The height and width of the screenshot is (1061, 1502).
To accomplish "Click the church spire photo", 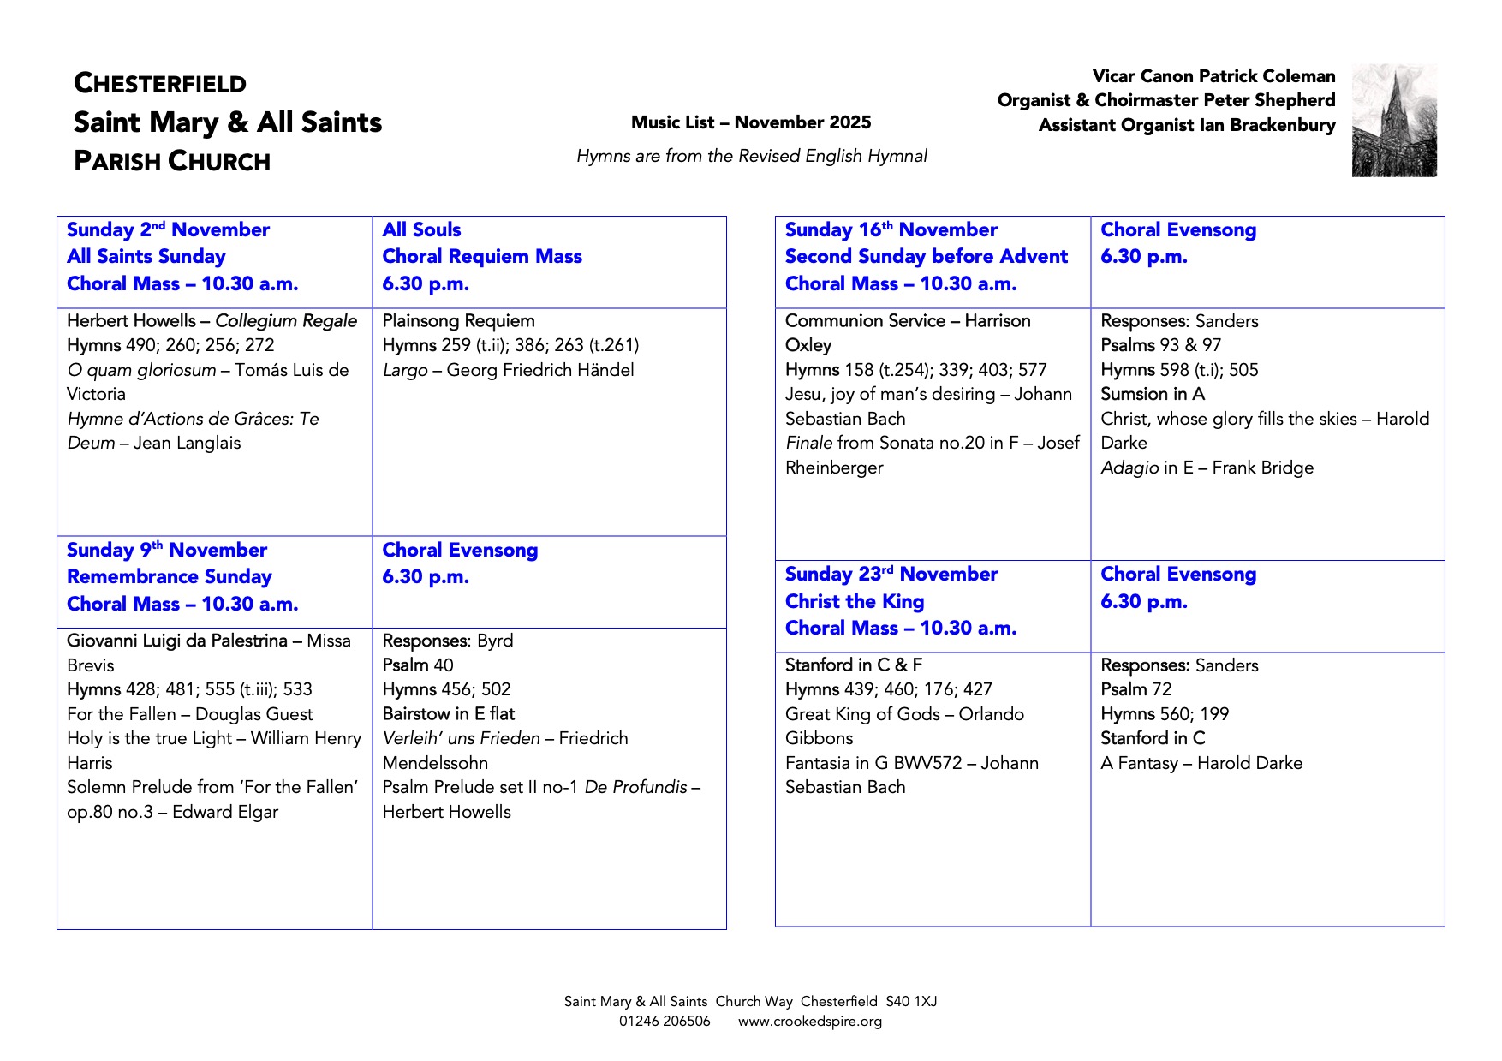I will point(1394,121).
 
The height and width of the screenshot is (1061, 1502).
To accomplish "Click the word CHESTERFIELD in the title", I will point(160,84).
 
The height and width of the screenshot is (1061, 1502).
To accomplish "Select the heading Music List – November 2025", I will point(751,122).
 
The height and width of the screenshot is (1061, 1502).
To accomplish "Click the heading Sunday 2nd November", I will point(168,229).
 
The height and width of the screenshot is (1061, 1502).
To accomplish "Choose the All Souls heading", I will point(421,229).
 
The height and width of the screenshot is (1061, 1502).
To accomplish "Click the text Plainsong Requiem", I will point(458,321).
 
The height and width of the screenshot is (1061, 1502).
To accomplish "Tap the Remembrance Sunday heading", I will point(170,576).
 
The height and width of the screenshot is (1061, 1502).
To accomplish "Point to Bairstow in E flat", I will point(449,713).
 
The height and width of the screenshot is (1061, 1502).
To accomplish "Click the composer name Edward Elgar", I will point(225,812).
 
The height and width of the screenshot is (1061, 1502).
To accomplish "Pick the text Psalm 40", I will point(418,665).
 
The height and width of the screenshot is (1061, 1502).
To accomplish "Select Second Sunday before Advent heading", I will point(927,256).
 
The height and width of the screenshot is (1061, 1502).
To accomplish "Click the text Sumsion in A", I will point(1153,394).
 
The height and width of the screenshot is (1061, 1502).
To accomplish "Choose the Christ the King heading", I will point(855,601).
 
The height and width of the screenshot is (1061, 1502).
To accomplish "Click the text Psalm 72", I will point(1136,689).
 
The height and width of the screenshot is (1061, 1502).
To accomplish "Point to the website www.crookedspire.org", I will point(810,1021).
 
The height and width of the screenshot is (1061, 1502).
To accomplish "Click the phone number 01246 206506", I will point(665,1021).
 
